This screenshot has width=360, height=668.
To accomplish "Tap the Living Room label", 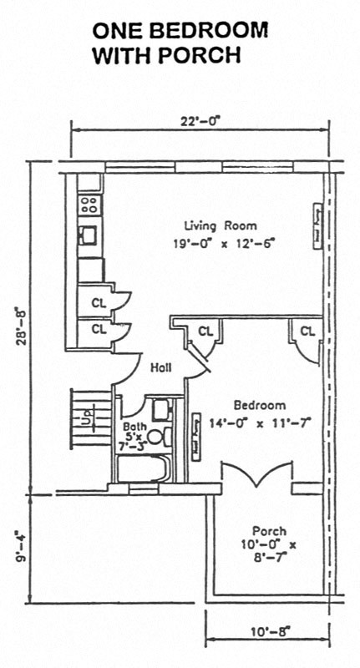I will coord(221,225).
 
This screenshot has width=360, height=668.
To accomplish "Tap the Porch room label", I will coord(269,531).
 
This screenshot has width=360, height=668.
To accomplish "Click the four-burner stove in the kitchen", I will coord(89,202).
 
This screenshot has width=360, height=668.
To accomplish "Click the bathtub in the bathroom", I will coord(143,469).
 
